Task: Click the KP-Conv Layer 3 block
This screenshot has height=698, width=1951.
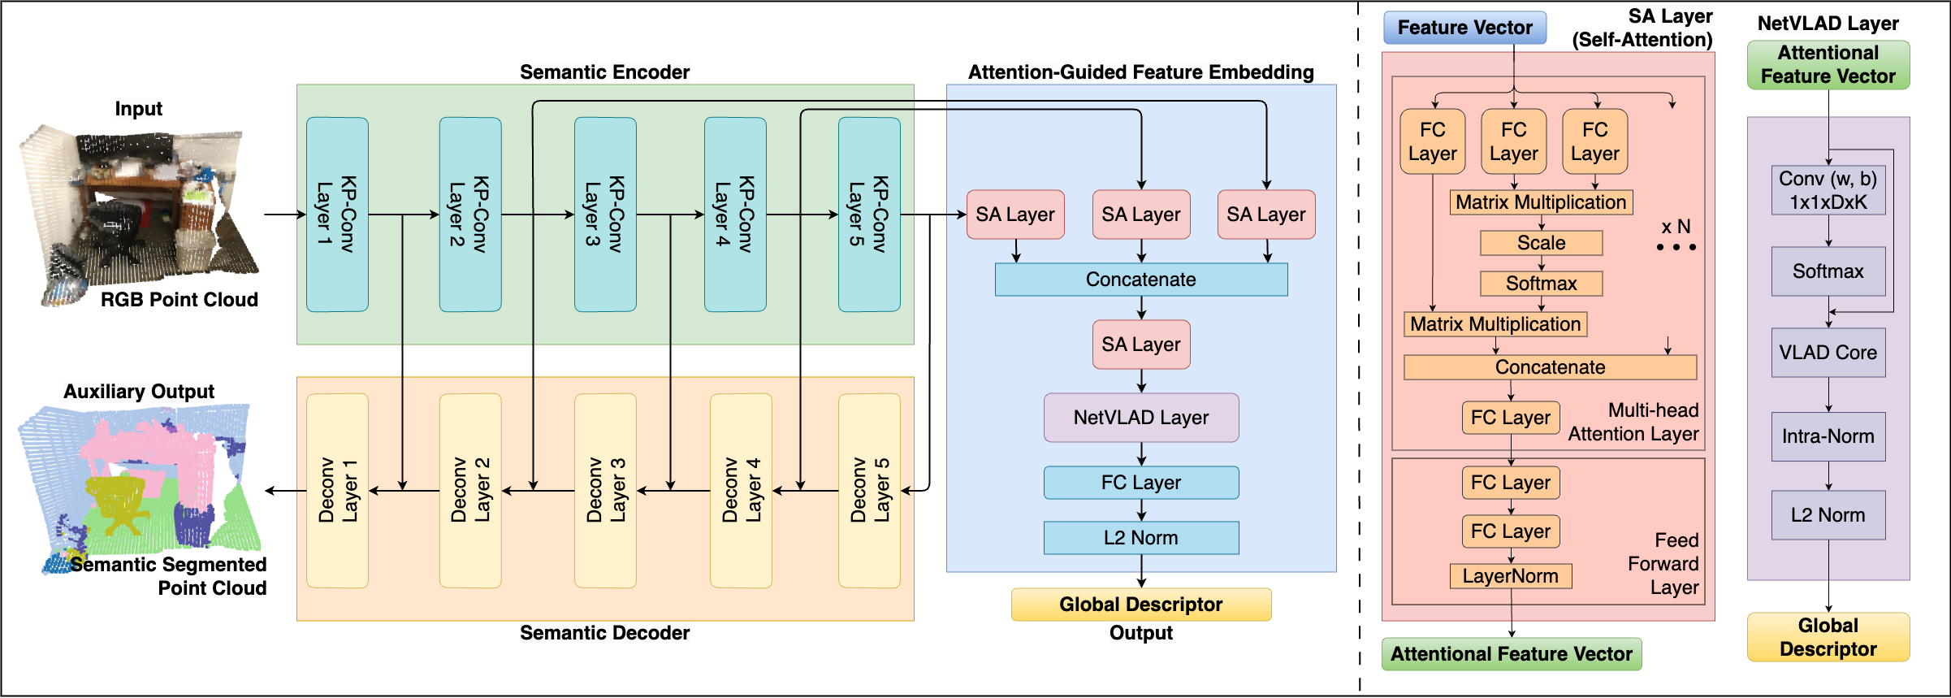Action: coord(605,215)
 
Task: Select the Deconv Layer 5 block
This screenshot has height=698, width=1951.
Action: coord(869,491)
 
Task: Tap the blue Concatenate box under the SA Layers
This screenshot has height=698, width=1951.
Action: coord(1141,280)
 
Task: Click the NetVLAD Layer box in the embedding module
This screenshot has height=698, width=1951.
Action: coord(1141,418)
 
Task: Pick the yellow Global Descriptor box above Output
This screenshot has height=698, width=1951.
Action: coord(1141,605)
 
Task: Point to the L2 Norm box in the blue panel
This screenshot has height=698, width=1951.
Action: coord(1141,538)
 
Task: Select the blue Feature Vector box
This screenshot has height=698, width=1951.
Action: coord(1464,28)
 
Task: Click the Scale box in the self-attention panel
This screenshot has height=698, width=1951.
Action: coord(1542,243)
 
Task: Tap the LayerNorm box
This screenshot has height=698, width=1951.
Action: coord(1511,576)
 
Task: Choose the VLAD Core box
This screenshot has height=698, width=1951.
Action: coord(1828,353)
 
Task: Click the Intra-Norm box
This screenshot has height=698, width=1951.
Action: coord(1828,436)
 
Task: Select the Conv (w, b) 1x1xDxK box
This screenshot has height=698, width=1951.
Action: coord(1828,190)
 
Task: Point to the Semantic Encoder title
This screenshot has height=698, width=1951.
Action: coord(605,72)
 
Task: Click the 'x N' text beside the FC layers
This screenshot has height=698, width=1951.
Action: coord(1676,227)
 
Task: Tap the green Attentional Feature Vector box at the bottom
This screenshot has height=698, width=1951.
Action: coord(1512,654)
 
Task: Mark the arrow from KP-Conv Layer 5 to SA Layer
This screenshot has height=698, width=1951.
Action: coord(933,215)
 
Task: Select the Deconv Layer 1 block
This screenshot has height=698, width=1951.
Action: coord(338,491)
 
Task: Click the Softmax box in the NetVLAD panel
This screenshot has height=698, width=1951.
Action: coord(1828,271)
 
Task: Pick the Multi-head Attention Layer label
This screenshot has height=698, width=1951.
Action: coord(1633,422)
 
